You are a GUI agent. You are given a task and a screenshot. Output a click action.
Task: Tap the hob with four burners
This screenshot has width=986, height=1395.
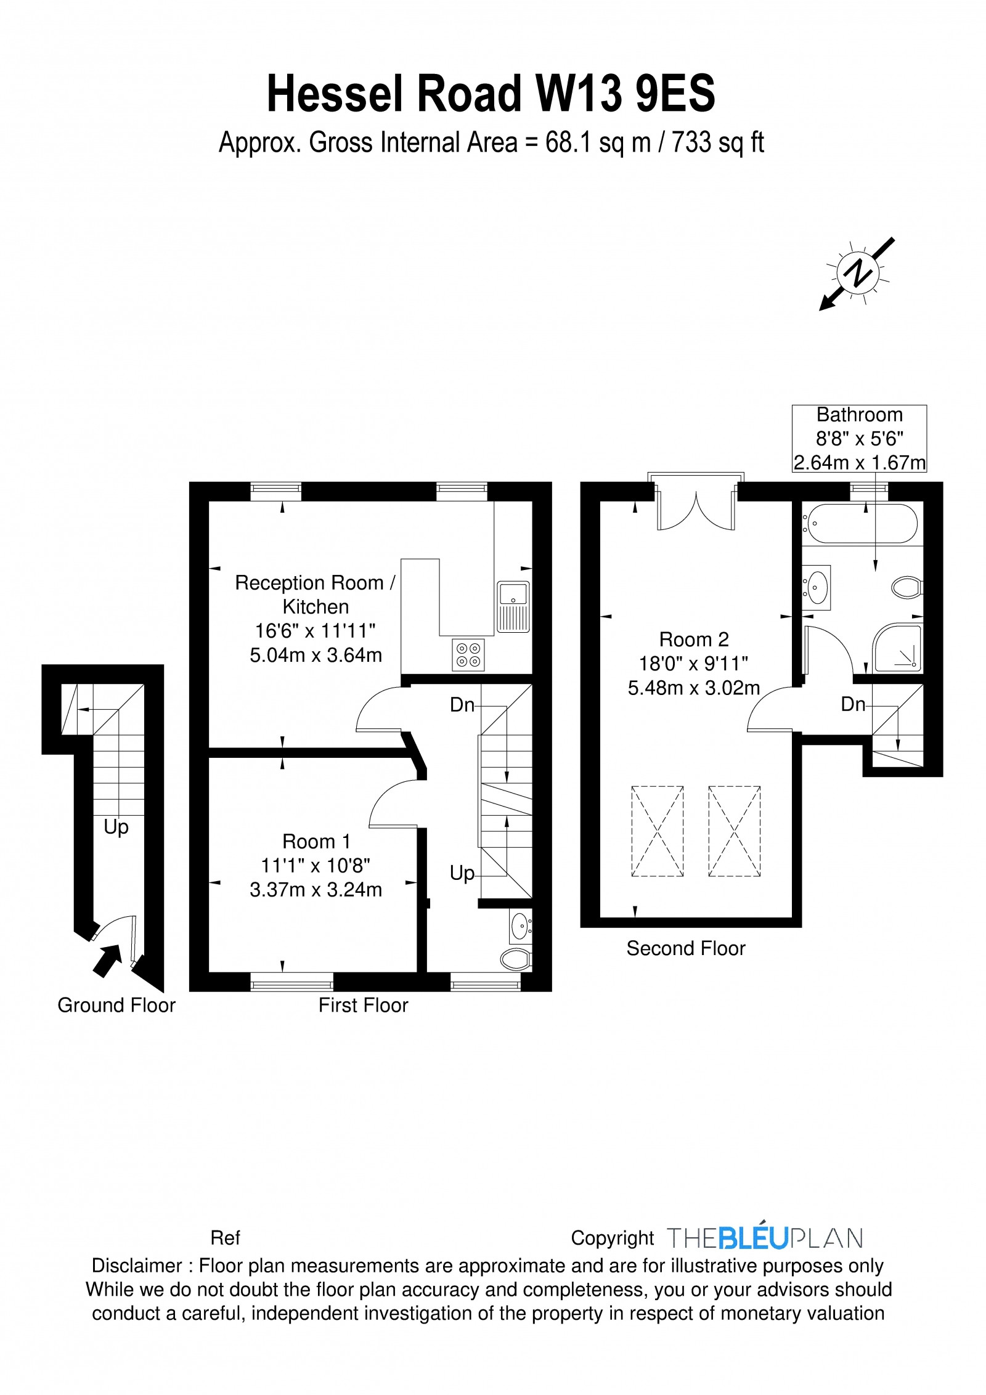coord(468,654)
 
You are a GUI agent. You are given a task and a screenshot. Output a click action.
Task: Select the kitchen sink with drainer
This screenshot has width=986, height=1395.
coord(513,607)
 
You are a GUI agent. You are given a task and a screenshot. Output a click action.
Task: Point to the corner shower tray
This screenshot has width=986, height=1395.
coord(897,648)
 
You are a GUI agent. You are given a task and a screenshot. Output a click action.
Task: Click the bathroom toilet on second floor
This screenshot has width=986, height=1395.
coord(907,587)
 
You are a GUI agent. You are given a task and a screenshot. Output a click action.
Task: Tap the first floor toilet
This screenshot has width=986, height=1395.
coord(516,959)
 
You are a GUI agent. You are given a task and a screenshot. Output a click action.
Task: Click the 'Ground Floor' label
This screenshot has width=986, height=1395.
coord(116,1005)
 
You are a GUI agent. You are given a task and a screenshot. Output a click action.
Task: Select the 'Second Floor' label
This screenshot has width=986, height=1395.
coord(686,948)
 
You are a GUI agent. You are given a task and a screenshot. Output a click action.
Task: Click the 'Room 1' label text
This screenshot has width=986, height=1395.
coord(316,841)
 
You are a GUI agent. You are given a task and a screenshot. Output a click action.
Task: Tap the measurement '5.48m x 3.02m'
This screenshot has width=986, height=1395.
coord(694,688)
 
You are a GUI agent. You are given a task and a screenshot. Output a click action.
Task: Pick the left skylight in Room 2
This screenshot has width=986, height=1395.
coord(658,831)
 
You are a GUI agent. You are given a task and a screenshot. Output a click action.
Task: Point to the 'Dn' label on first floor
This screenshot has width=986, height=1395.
coord(462,704)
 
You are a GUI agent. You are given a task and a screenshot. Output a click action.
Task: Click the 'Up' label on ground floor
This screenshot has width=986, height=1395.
coord(116,827)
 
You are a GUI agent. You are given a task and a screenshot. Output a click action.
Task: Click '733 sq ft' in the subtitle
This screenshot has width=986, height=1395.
coord(718,143)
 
